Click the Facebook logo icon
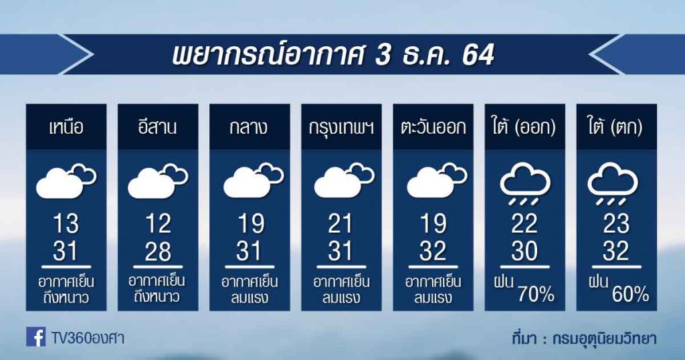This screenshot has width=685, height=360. [36, 337]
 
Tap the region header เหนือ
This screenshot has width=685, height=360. [66, 128]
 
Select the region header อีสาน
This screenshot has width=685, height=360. [157, 128]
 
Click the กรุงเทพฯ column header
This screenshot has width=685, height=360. [341, 128]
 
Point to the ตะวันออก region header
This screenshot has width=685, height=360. [433, 128]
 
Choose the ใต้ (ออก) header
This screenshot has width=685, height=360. [524, 128]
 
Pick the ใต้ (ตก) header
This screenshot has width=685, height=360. [616, 128]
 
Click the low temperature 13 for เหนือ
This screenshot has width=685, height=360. [66, 223]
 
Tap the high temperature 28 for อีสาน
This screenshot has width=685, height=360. [158, 252]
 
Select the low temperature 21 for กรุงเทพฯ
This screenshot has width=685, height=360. [340, 223]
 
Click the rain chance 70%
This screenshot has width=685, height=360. [536, 295]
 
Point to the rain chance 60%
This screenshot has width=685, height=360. [630, 295]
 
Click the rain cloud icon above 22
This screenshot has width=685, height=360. [525, 183]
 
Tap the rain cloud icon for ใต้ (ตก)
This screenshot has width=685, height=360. [613, 183]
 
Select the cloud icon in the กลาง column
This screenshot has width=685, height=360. [254, 181]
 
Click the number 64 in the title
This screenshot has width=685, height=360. [478, 55]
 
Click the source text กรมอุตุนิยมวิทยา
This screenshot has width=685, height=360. [604, 339]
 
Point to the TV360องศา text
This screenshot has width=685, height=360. [88, 338]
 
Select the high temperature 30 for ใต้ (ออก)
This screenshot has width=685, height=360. [524, 252]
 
